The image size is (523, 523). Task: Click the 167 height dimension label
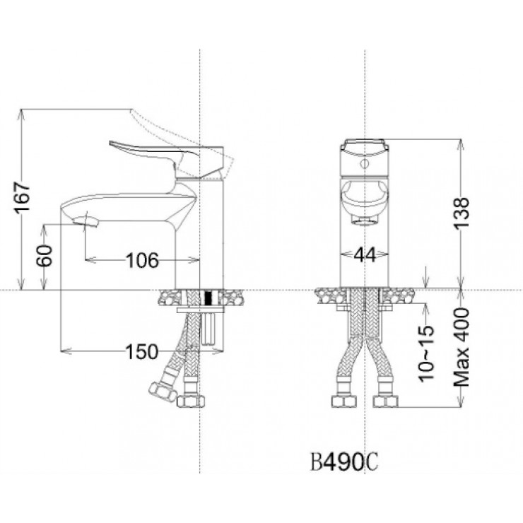coord(22,197)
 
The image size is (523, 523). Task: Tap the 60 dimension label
coord(45,256)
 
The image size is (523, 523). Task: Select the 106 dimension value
coord(142,260)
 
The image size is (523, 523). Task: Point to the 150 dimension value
coord(141,351)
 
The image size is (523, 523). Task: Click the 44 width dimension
coord(365,255)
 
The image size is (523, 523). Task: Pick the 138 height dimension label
coord(462,213)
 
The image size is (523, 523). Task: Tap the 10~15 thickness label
coord(427,353)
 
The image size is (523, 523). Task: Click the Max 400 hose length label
coord(462,347)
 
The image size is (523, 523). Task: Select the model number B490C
coord(344,462)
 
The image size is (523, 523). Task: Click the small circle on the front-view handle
coord(365,164)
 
